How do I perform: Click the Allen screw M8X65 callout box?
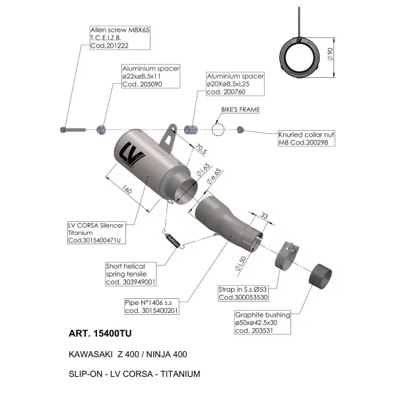click(120, 38)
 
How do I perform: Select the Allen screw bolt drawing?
click(73, 130)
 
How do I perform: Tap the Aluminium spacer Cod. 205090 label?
click(151, 77)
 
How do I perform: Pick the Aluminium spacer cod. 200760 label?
click(235, 84)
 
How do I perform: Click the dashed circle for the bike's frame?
click(218, 124)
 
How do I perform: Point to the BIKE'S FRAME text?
click(240, 110)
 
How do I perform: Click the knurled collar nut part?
click(240, 130)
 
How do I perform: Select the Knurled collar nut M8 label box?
click(306, 139)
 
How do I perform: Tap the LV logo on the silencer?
click(131, 154)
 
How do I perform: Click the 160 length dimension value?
click(127, 189)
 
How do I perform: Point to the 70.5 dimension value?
click(201, 148)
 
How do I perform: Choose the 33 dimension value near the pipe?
click(264, 216)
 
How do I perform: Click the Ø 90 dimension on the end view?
click(331, 54)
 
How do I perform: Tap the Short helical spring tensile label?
click(131, 274)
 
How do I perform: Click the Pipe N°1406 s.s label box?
click(152, 307)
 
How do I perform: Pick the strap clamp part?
click(287, 255)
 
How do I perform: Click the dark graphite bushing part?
click(320, 277)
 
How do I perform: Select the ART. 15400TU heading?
click(100, 333)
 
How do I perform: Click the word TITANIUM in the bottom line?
click(180, 374)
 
